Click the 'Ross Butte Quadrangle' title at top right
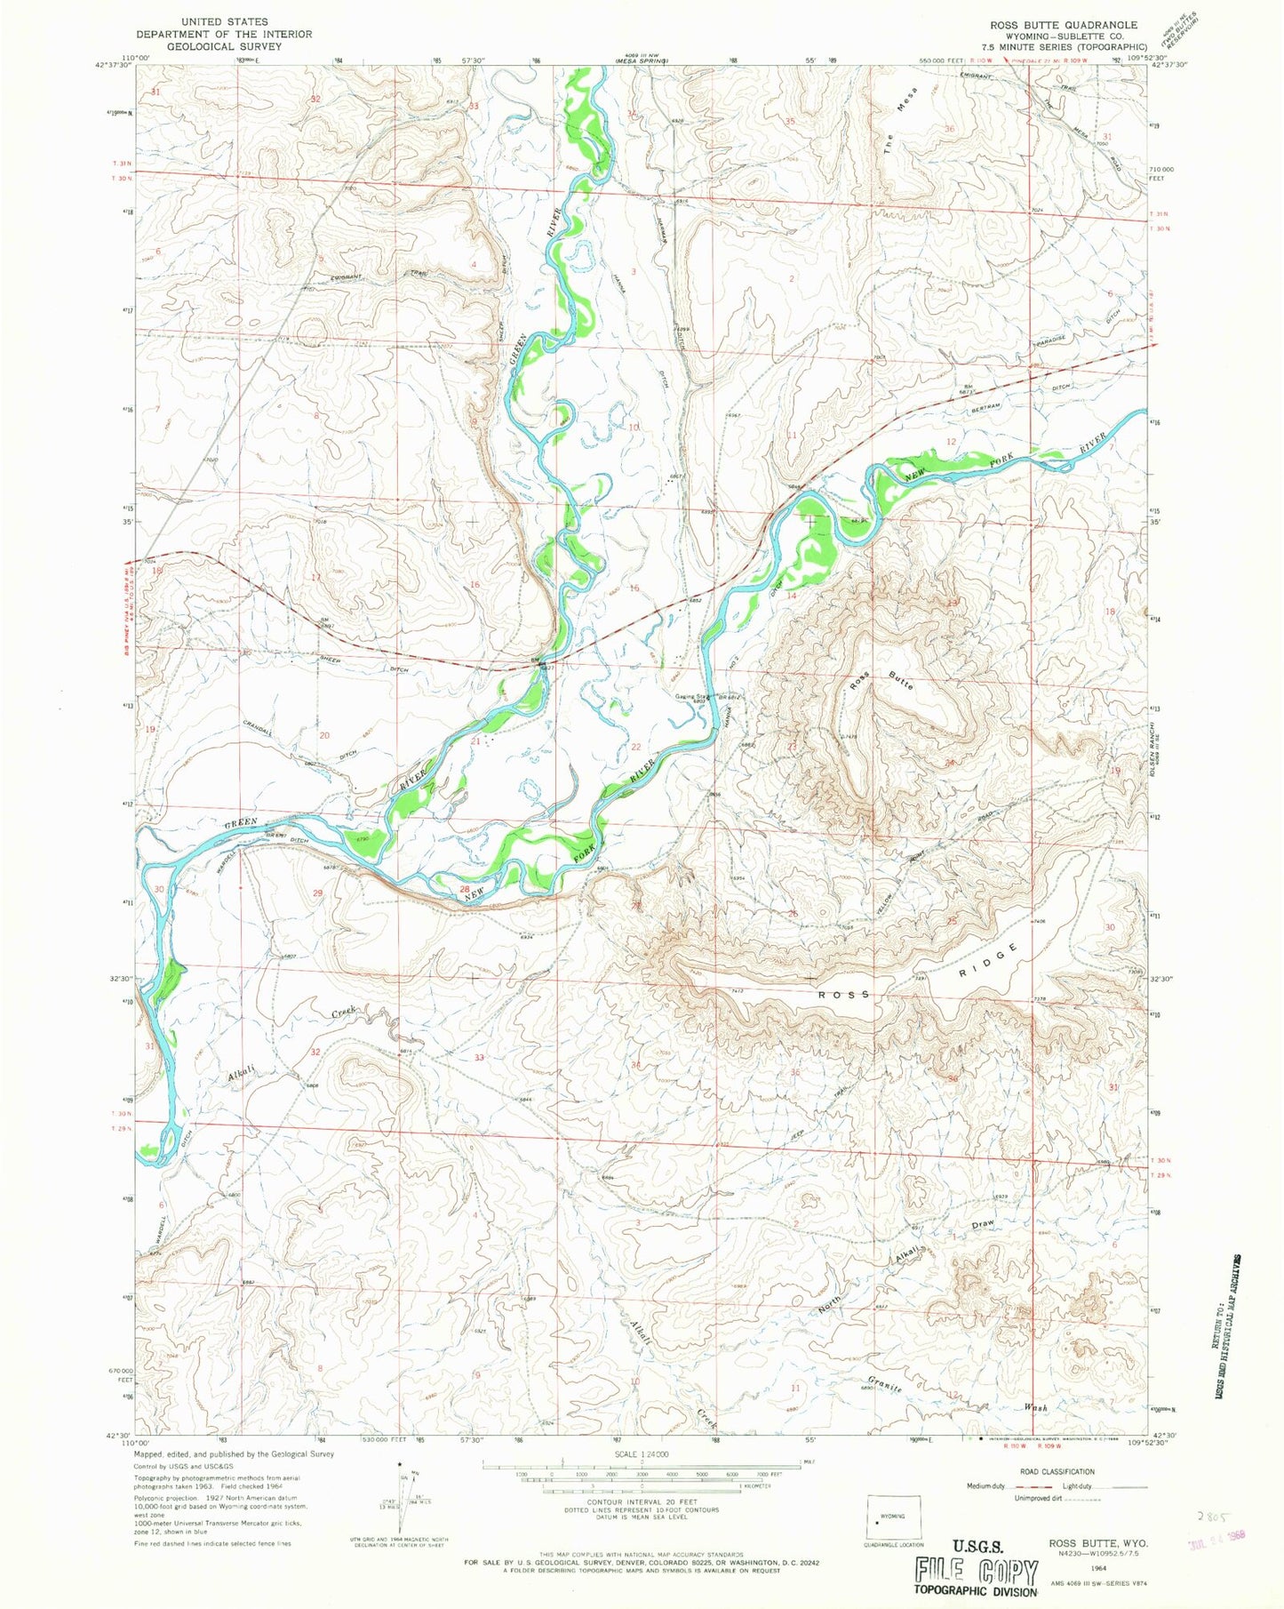[x=1057, y=25]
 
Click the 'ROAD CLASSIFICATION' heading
[x=1057, y=1471]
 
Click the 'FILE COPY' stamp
[x=976, y=1573]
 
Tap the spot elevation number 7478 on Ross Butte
[x=850, y=736]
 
